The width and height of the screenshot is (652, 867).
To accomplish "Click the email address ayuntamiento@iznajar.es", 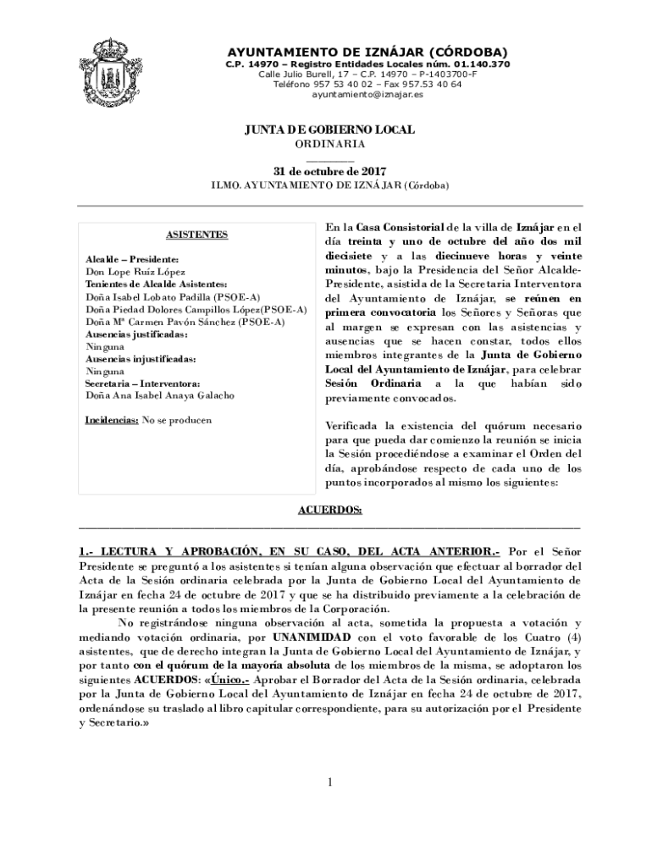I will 367,95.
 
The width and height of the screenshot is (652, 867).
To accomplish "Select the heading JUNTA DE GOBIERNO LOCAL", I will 329,130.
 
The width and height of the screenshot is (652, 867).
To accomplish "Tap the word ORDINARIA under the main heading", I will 330,145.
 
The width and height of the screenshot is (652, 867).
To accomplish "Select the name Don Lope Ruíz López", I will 135,273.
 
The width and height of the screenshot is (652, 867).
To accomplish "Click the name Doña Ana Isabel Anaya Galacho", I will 160,395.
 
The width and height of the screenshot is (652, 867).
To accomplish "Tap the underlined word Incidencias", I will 112,420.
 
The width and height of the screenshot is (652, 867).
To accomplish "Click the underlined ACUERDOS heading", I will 329,510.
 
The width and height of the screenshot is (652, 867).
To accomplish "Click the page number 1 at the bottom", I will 330,781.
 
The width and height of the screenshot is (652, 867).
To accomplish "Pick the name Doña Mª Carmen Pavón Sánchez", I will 161,323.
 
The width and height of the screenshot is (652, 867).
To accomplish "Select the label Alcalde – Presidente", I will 131,258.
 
